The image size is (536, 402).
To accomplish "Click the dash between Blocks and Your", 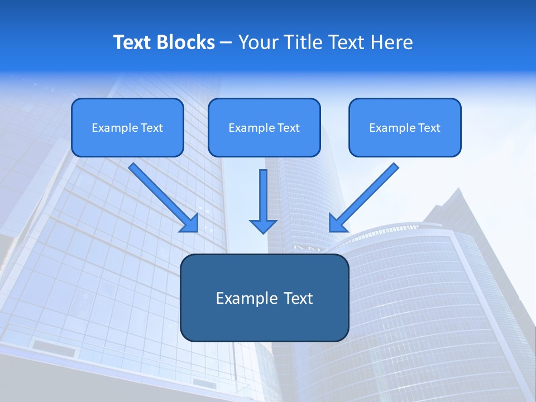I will (226, 42).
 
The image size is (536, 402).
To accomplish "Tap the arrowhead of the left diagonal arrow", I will (190, 224).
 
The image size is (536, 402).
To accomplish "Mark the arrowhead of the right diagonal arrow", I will (337, 224).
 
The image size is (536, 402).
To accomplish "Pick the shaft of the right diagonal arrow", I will (369, 192).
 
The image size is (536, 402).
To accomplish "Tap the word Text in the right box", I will (429, 128).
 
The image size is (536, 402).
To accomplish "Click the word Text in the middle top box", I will (288, 128).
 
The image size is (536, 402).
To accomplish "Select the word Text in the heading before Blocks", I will (132, 42).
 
